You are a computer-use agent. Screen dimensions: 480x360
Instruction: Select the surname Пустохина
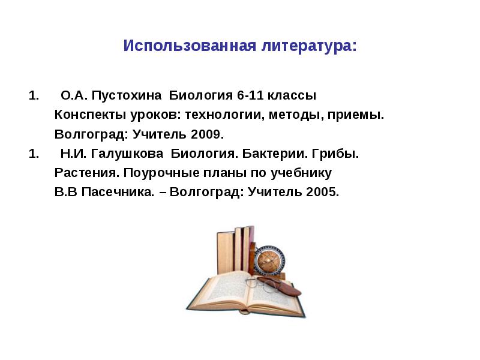tap(127, 96)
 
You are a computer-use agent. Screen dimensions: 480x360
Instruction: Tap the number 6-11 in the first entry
tap(250, 95)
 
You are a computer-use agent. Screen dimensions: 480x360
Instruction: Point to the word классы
tap(292, 96)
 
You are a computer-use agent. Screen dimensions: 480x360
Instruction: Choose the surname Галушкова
tap(127, 154)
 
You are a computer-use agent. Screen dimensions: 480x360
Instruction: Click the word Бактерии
tap(275, 154)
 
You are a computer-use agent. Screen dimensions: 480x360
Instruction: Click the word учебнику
tap(301, 173)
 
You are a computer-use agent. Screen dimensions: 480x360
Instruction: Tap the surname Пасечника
tap(118, 192)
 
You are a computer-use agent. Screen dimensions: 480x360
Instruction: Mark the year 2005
tap(322, 192)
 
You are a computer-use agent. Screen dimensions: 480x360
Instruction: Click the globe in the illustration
tap(269, 260)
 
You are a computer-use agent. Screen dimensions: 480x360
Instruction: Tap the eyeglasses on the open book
tap(260, 284)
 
